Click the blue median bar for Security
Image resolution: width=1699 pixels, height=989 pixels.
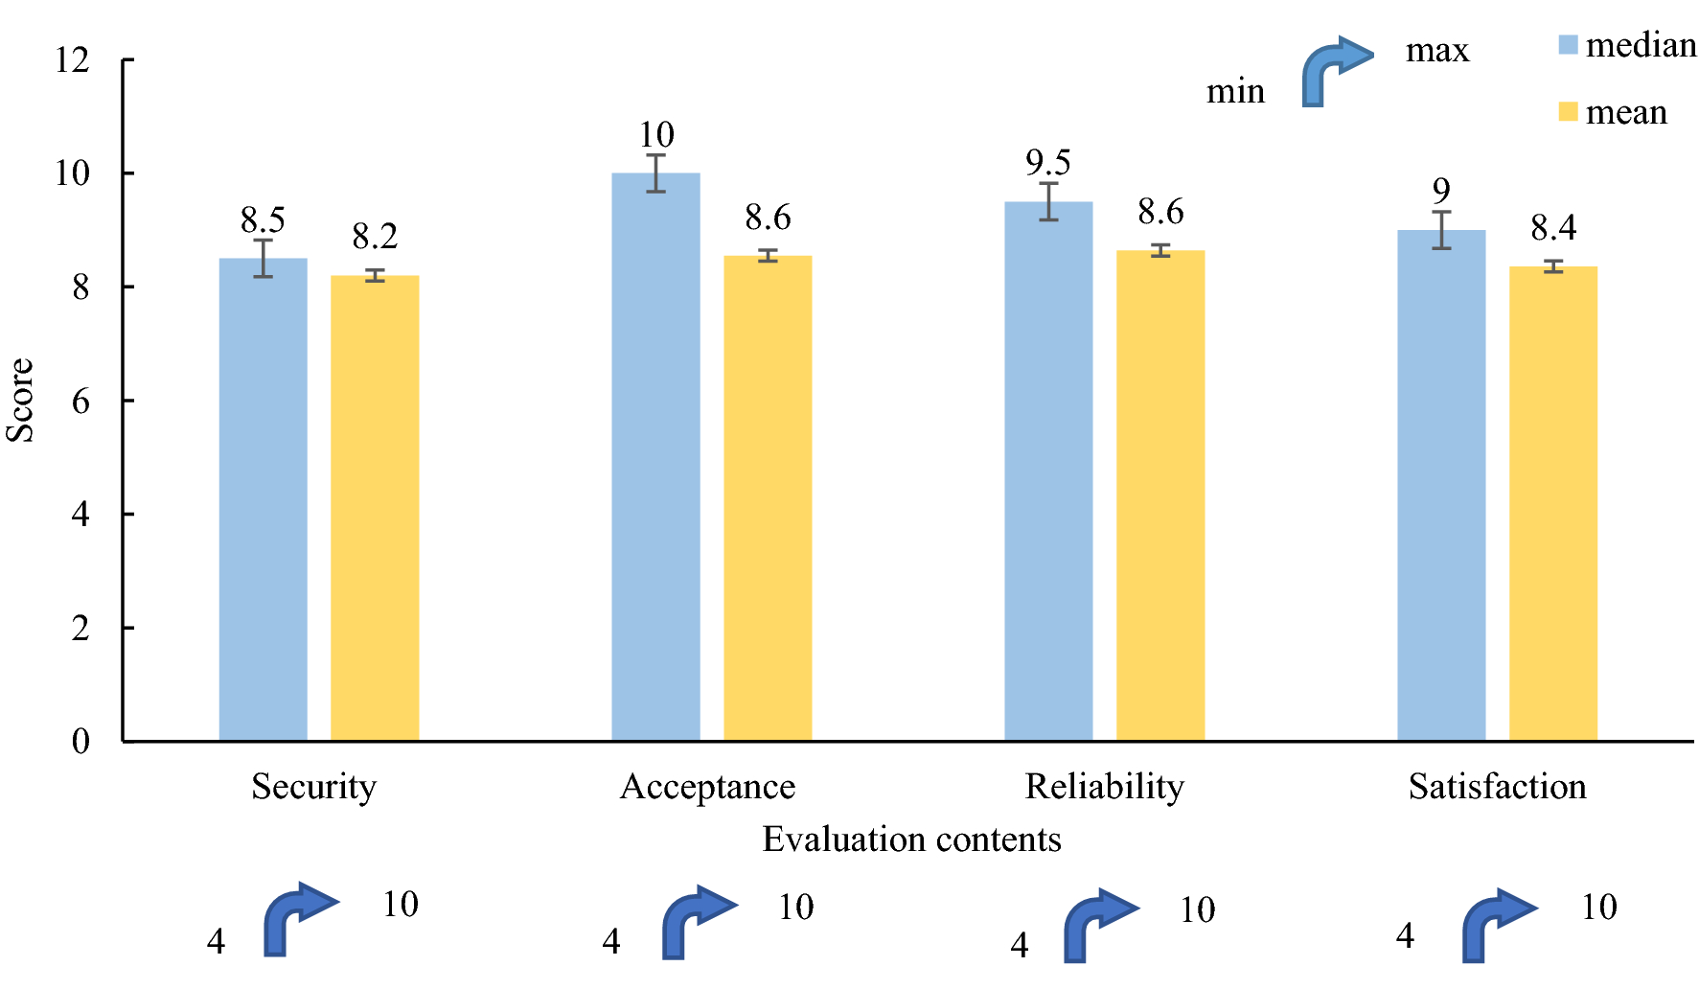(263, 498)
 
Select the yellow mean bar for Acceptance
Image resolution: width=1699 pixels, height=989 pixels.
(767, 498)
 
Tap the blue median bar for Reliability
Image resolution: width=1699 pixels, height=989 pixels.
(1048, 470)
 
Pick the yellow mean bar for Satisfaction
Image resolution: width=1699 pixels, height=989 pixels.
(1552, 503)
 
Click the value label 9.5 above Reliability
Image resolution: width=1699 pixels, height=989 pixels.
(1047, 163)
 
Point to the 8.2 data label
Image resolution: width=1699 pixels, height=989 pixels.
(375, 237)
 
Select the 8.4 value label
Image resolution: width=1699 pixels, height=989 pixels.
(1552, 228)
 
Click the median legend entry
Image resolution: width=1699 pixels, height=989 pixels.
(1627, 45)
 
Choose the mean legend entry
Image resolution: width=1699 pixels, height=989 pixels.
(1614, 112)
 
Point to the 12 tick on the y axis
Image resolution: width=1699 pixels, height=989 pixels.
(72, 60)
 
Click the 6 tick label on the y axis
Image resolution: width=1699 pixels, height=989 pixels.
(80, 401)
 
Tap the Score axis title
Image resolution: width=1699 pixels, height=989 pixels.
(20, 400)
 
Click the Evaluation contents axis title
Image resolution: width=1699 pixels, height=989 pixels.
(911, 839)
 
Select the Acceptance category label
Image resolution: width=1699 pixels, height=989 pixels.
(707, 787)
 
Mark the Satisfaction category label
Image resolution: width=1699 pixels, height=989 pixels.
(1497, 787)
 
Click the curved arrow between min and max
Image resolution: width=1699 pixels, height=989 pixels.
(1335, 71)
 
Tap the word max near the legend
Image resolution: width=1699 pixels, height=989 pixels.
(1436, 50)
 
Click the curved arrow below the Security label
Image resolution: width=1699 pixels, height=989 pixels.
(298, 918)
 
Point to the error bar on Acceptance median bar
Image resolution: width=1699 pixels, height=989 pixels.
(655, 172)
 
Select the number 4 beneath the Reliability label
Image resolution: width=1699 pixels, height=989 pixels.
(1020, 946)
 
